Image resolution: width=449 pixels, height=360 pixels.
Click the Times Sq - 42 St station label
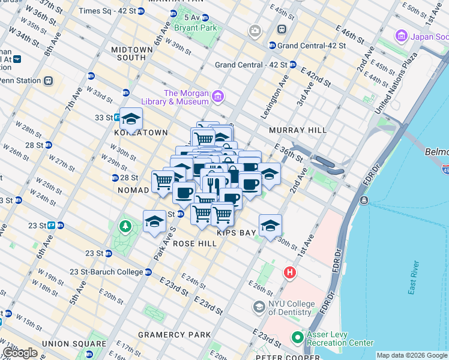point(107,11)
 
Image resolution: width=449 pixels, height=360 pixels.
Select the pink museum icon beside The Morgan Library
point(217,96)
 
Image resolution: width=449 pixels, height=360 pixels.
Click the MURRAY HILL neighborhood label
point(298,130)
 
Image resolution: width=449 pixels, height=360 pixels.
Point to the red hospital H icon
point(290,273)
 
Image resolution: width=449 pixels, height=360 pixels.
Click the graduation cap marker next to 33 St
point(130,118)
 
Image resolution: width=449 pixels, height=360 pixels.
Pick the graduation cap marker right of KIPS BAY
point(271,225)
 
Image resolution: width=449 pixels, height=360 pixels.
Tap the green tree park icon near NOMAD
point(125,227)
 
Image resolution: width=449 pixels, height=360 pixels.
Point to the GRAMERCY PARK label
point(174,335)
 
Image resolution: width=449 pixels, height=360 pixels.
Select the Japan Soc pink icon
point(402,37)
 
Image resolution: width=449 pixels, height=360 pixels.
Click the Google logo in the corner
point(20,353)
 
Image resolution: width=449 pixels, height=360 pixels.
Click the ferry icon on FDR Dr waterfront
point(363,200)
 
